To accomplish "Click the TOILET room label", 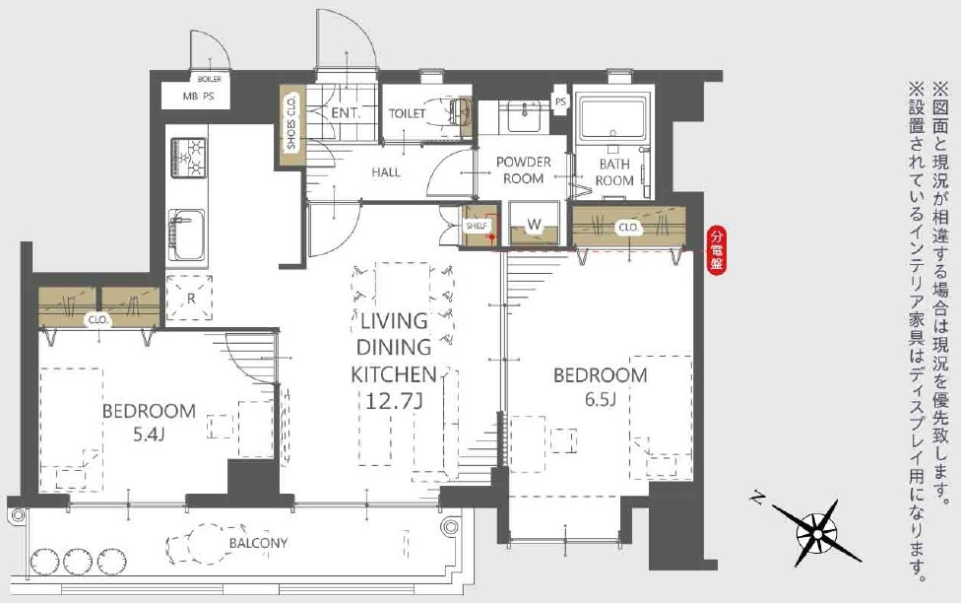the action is coord(407,113).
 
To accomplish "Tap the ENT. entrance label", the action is coord(346,113).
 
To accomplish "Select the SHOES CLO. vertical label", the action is coord(291,123).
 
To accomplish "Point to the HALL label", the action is coord(386,172).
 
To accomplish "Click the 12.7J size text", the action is coord(394,401).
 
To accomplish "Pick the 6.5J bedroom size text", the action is coord(600,399).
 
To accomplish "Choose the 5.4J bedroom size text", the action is coord(150,435).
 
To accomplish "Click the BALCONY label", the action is coord(258,543).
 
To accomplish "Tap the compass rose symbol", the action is coord(816,532).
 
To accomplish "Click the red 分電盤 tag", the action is coord(716,250).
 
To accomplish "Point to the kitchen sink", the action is coord(187,234).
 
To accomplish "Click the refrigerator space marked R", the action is coord(190,299).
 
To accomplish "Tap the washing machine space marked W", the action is coord(535,224).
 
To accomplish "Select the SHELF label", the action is coord(477,226).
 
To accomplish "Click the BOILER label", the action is coord(210,79).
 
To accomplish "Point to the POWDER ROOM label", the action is coord(524,170).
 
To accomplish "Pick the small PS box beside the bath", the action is coord(560,101).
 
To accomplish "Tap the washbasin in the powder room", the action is coord(524,114).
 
